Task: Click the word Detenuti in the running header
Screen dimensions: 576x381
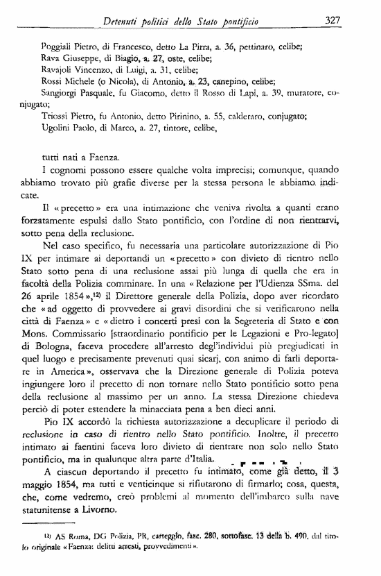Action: tap(123, 21)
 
